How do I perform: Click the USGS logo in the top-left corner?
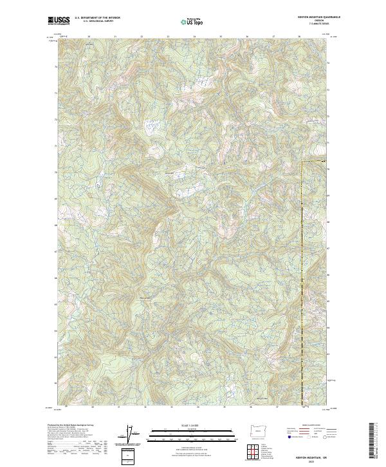[x=59, y=21]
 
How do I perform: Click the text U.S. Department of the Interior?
[x=97, y=18]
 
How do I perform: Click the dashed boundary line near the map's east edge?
[x=302, y=271]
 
